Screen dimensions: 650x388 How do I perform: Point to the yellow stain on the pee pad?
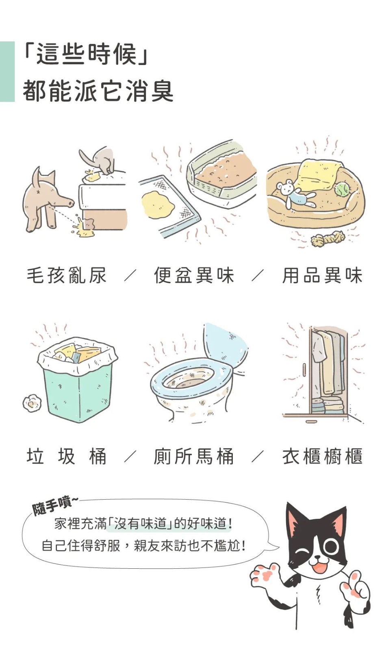(158, 204)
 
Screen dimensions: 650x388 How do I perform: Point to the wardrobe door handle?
(304, 369)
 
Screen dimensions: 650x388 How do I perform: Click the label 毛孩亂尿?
(67, 276)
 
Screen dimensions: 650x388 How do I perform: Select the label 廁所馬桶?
(194, 457)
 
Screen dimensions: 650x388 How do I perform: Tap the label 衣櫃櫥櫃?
(322, 457)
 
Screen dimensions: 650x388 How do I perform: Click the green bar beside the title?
(7, 71)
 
